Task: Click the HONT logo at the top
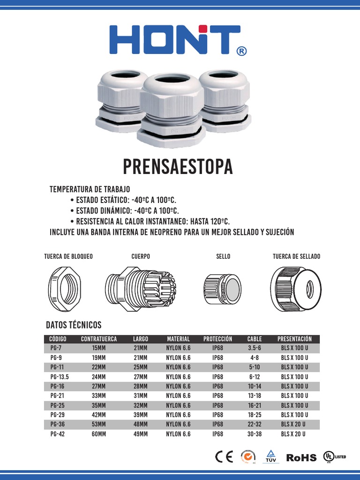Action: click(x=174, y=39)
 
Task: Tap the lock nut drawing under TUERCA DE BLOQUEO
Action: click(x=65, y=287)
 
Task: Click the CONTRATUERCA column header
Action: click(x=99, y=339)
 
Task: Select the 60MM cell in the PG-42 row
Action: click(x=99, y=434)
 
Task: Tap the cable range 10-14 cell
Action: click(x=255, y=386)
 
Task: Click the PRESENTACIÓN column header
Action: click(x=294, y=339)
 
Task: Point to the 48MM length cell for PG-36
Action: click(x=140, y=425)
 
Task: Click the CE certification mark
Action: click(x=224, y=457)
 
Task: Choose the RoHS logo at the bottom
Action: click(x=301, y=457)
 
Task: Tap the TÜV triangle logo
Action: click(x=270, y=456)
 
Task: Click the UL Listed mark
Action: click(x=334, y=457)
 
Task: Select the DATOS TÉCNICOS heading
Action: click(x=74, y=325)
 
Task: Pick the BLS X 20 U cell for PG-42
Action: click(x=293, y=434)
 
